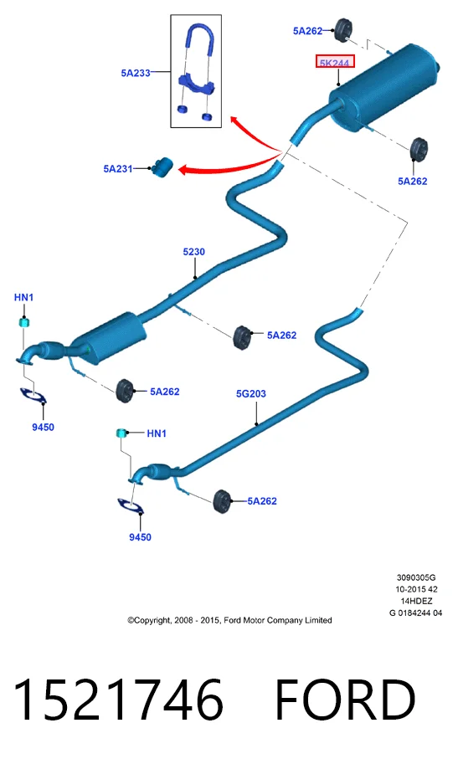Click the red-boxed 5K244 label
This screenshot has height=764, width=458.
tap(335, 62)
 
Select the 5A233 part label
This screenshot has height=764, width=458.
tap(136, 73)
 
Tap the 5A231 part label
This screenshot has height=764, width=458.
tap(117, 168)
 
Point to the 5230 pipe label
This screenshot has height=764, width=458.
tap(193, 251)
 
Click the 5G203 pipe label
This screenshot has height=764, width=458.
tap(250, 393)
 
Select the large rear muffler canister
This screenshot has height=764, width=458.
tap(383, 89)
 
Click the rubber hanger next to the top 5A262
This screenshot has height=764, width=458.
tap(343, 30)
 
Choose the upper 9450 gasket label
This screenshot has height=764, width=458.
tap(43, 427)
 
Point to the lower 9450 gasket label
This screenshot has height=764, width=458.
tap(140, 537)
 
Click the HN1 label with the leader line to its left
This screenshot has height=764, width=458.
tap(157, 433)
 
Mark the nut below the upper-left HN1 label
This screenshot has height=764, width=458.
tap(23, 321)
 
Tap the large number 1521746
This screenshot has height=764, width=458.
tap(118, 700)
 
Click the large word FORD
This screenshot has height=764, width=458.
tap(345, 700)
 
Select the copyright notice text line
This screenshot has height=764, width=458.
tap(229, 620)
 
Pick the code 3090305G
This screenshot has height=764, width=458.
tap(416, 578)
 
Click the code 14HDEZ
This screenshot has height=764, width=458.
tap(416, 602)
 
